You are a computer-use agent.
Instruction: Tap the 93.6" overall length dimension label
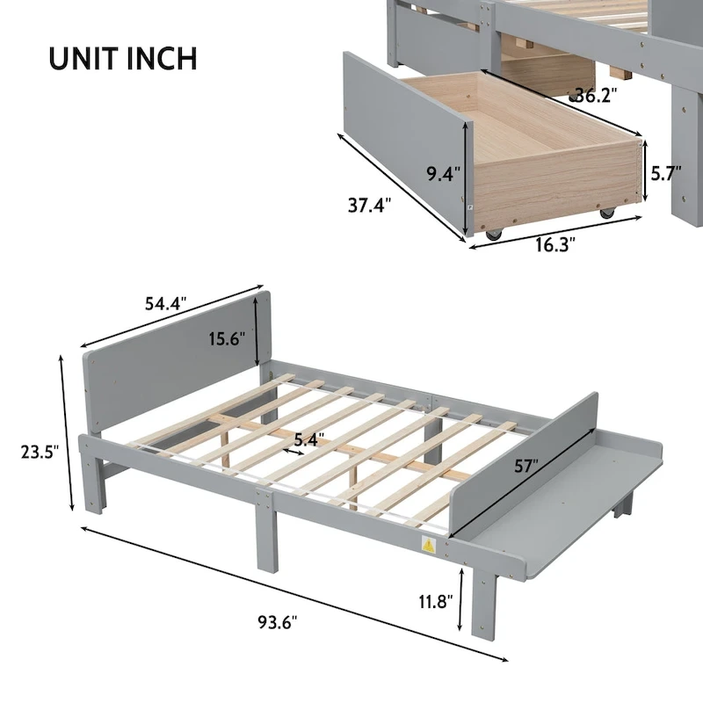point(278,622)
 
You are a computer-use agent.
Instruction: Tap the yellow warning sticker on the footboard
point(431,545)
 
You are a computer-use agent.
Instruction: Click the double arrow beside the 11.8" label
point(460,601)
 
